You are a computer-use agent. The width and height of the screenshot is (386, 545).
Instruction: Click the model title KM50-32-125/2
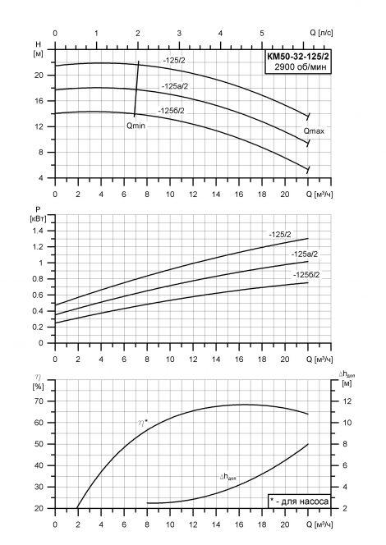point(297,56)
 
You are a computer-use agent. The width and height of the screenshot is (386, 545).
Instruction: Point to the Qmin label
point(136,126)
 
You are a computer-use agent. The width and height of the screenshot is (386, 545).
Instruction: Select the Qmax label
point(314,131)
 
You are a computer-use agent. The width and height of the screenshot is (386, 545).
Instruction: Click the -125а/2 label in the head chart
point(175,86)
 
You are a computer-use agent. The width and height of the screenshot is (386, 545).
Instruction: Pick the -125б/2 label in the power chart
point(306,275)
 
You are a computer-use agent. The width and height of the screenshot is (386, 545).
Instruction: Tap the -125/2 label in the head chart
point(174,61)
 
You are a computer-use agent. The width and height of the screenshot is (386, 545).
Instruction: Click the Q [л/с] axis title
point(321,33)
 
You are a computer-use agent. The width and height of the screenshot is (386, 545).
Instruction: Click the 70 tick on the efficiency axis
point(39,401)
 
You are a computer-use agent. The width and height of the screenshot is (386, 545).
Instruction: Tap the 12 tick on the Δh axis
point(347,401)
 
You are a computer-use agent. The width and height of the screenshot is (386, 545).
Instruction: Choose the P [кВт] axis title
point(39,213)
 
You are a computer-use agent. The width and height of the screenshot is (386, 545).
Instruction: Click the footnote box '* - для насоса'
point(299,501)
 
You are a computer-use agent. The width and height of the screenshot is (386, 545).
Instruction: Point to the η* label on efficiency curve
point(143,423)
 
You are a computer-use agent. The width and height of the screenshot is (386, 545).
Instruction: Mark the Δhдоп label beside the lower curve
point(228,477)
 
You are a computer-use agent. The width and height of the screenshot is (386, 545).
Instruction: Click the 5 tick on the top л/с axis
point(262,33)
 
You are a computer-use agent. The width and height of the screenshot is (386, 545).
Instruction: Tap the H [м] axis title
point(39,48)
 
